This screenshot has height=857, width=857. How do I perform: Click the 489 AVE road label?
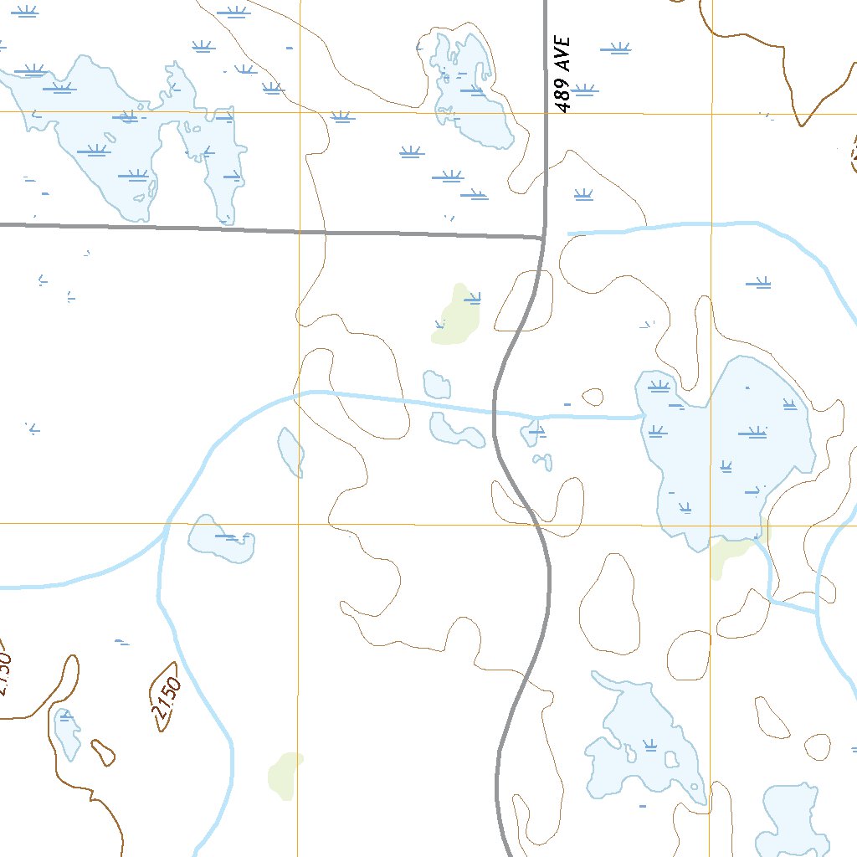coord(563,74)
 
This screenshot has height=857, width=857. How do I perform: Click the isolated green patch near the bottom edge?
coord(284,775)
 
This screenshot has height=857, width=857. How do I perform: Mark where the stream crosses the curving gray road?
coord(495,412)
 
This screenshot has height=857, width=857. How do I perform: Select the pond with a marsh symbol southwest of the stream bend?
coord(221,538)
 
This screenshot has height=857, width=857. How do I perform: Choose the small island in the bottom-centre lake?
coord(670,759)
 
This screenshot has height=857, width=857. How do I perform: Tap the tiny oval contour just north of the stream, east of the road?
coord(593,396)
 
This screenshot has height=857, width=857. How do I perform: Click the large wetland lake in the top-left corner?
coord(126,134)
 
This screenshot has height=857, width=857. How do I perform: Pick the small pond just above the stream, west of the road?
coord(437,384)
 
